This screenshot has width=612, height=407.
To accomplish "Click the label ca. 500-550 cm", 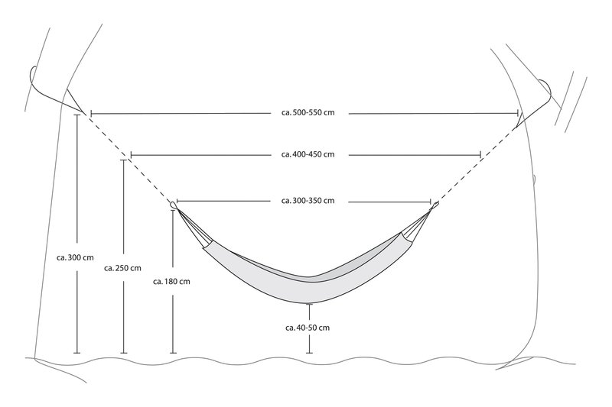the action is (x=308, y=112).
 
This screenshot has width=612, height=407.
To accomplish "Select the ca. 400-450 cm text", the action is (x=308, y=154).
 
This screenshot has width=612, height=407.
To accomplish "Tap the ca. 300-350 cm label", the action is (x=308, y=201).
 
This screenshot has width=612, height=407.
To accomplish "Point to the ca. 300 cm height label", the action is (x=75, y=257).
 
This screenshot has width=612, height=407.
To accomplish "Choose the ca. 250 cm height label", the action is (x=122, y=268).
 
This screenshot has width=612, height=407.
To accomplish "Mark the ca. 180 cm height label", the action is (x=171, y=281).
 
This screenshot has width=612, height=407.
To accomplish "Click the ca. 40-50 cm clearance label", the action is (x=308, y=328).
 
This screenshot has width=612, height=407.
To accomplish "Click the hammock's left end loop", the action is (x=174, y=205).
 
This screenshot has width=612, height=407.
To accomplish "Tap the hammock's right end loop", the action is (x=434, y=205).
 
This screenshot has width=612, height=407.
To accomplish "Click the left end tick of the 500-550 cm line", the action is (x=91, y=114).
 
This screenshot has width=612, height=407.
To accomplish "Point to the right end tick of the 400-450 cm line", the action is (x=480, y=155).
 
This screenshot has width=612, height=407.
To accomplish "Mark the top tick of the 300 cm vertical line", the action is (x=77, y=115).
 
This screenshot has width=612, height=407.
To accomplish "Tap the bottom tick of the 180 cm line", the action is (x=174, y=354).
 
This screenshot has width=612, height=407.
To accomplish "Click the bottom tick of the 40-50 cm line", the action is (x=309, y=354).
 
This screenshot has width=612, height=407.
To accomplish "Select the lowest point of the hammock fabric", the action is (x=309, y=303).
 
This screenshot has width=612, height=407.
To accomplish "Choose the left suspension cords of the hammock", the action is (x=194, y=228).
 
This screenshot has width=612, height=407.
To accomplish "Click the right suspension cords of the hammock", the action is (x=416, y=225).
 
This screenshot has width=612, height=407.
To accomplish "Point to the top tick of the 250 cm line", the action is (x=124, y=160).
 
